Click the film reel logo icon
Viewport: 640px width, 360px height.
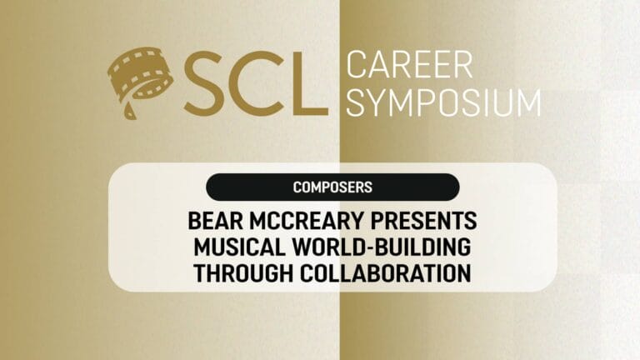pos(140,80)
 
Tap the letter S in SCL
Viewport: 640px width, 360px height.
pos(203,83)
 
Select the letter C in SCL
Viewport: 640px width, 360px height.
pos(256,83)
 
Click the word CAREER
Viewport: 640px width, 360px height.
pos(409,64)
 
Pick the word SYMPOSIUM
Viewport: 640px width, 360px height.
pos(443,102)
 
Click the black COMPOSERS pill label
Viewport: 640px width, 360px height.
pos(332,187)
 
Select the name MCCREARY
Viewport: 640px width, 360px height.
pos(307,221)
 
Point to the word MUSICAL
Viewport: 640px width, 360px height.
pos(240,247)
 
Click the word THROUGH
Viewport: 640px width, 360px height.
pos(243,273)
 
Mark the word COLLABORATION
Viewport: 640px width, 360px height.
pos(386,273)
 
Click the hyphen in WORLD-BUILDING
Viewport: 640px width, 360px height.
pos(368,248)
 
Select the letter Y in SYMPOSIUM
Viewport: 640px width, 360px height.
pos(376,102)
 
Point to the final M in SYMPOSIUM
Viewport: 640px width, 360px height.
pos(528,102)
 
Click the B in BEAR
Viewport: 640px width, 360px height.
pos(195,221)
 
